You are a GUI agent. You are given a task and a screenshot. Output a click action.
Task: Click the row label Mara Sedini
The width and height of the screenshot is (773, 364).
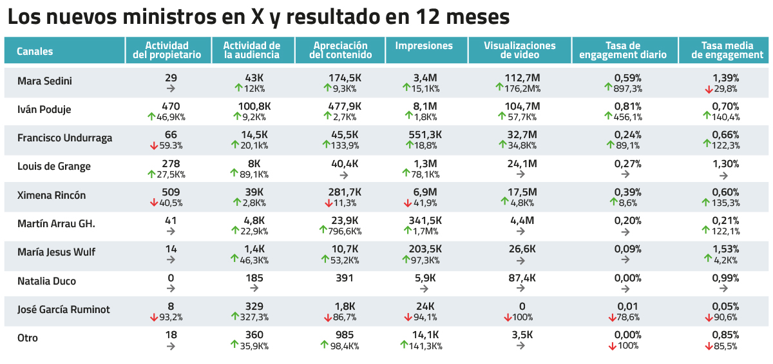pyautogui.click(x=44, y=81)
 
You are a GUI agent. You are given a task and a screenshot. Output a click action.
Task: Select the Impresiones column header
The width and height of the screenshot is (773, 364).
pyautogui.click(x=423, y=46)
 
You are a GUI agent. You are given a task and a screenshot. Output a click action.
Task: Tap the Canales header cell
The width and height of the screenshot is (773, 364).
pyautogui.click(x=35, y=52)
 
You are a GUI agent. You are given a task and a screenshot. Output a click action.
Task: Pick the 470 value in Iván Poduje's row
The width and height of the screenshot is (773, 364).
pyautogui.click(x=171, y=106)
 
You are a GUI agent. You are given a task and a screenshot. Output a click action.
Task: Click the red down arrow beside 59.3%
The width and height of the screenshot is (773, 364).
pyautogui.click(x=154, y=146)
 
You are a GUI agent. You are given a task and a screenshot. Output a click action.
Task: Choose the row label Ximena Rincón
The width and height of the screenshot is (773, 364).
pyautogui.click(x=52, y=195)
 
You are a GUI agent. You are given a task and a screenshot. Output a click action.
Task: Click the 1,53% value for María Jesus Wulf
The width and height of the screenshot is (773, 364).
pyautogui.click(x=725, y=249)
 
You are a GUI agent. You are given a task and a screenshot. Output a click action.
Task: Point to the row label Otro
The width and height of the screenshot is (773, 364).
pyautogui.click(x=28, y=338)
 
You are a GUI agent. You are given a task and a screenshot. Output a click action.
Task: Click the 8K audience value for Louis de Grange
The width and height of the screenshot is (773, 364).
pyautogui.click(x=254, y=164)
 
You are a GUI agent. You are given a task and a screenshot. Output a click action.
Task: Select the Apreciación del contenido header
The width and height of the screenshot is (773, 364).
pyautogui.click(x=340, y=50)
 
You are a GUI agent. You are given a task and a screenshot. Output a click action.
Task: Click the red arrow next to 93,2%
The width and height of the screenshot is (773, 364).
pyautogui.click(x=154, y=317)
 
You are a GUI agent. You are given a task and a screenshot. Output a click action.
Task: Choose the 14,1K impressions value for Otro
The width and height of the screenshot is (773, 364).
pyautogui.click(x=425, y=335)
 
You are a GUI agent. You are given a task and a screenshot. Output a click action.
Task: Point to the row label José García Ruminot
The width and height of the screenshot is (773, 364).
pyautogui.click(x=63, y=309)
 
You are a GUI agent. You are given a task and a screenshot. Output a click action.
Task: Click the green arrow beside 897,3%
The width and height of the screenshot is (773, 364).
pyautogui.click(x=609, y=88)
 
